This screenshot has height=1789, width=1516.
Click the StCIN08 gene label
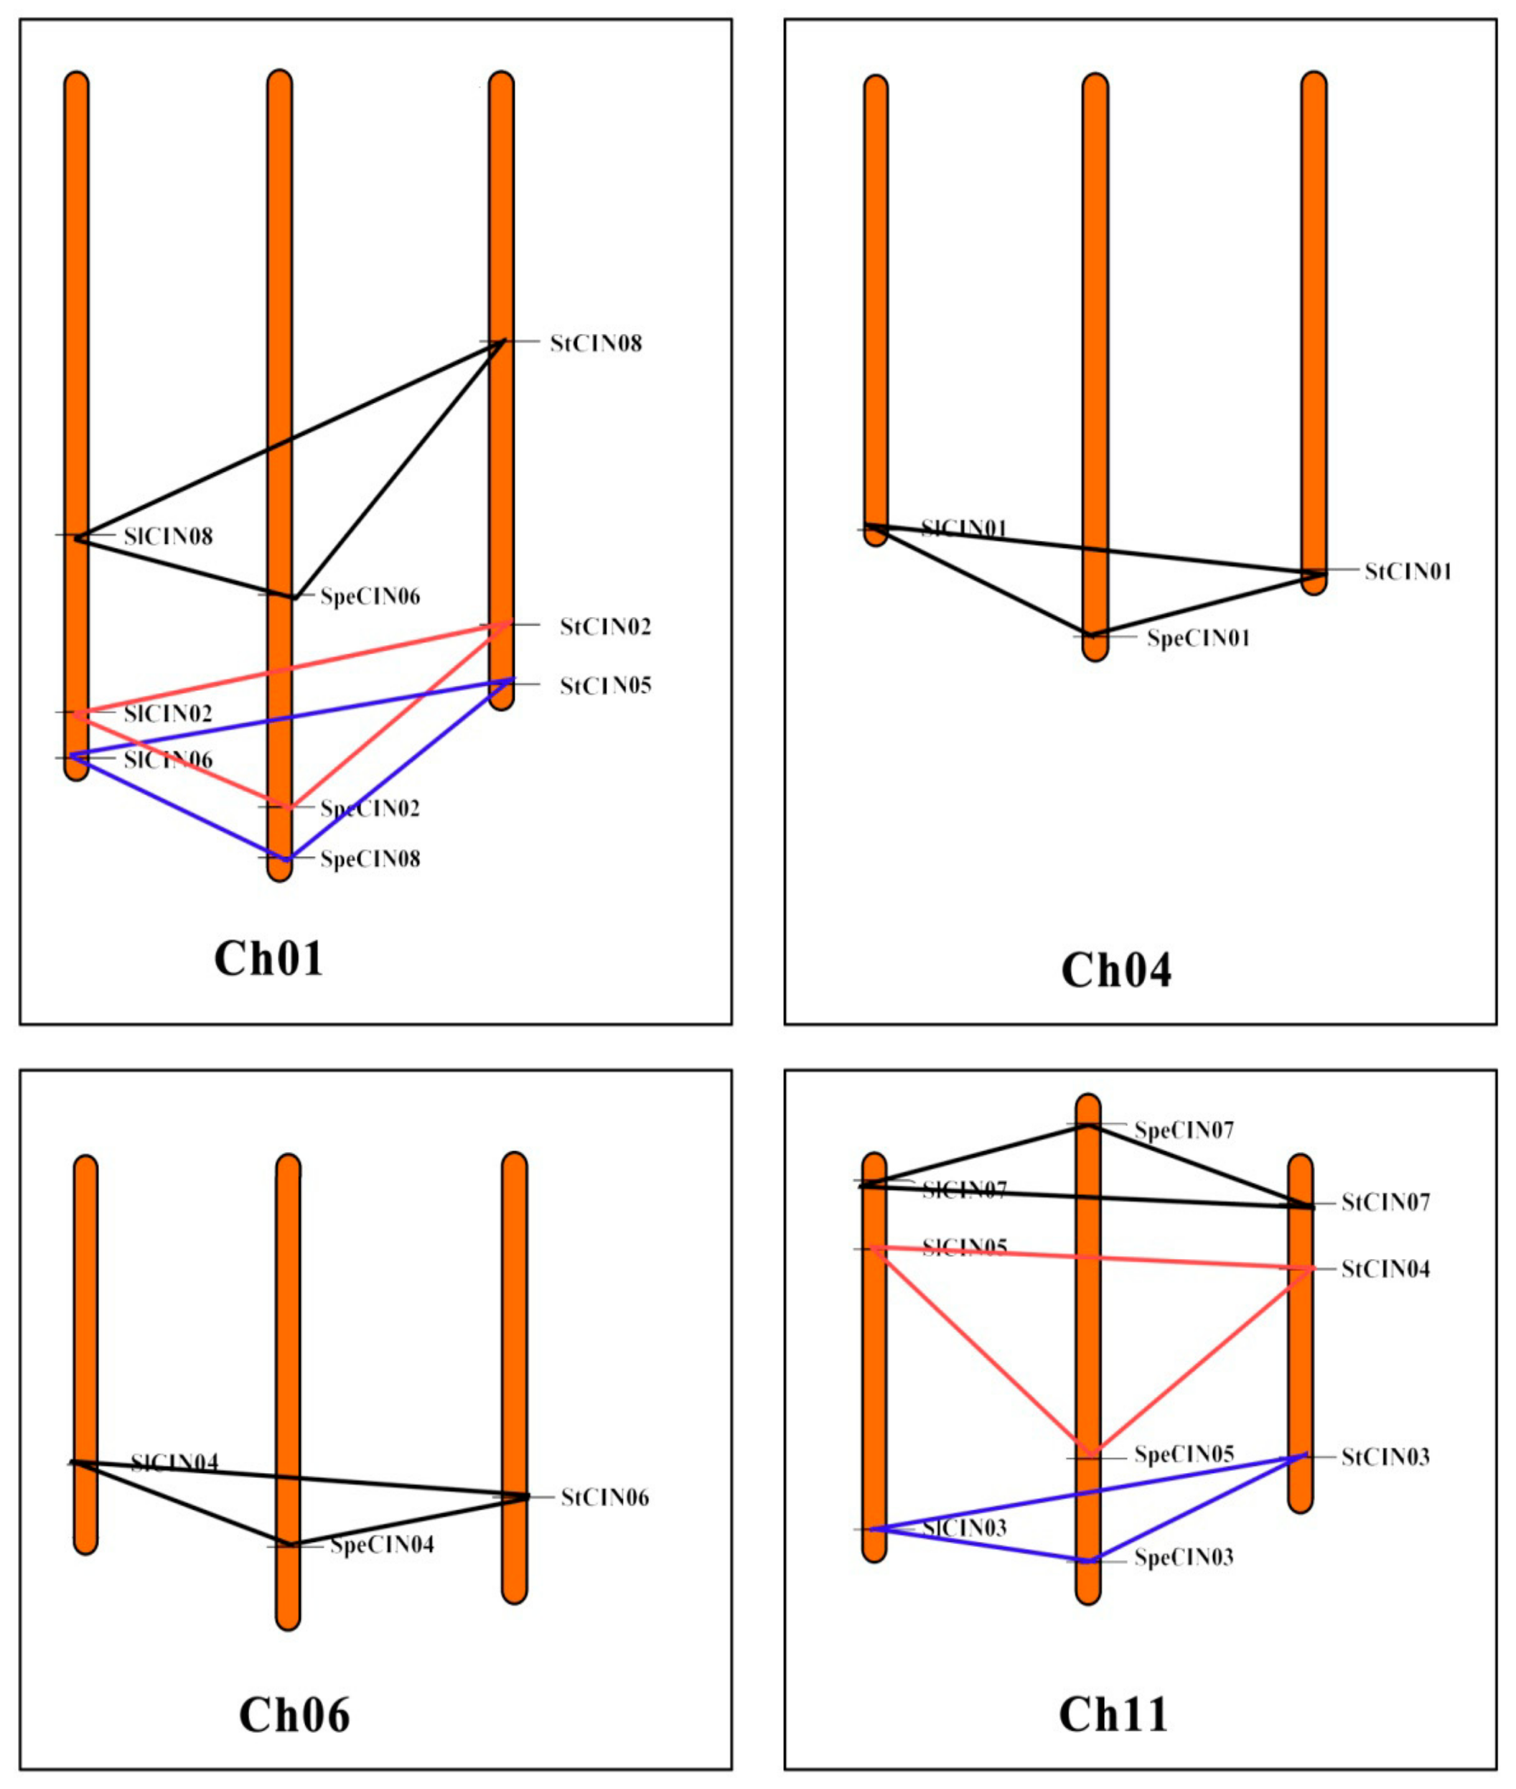[x=596, y=344]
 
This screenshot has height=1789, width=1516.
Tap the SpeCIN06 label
[x=370, y=597]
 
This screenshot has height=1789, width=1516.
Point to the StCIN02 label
[x=605, y=627]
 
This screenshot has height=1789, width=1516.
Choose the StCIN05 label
[x=605, y=686]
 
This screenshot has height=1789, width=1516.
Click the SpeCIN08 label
[x=370, y=859]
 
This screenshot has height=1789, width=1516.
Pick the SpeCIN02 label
[x=370, y=808]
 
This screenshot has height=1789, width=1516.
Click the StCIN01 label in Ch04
[x=1408, y=572]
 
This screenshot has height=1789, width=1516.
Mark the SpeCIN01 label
[x=1198, y=638]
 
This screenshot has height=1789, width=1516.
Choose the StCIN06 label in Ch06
[x=604, y=1497]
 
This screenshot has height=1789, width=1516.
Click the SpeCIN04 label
[x=382, y=1545]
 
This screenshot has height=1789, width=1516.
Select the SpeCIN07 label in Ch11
[x=1184, y=1130]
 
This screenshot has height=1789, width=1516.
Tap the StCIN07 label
[x=1385, y=1202]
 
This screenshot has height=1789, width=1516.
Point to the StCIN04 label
[x=1385, y=1269]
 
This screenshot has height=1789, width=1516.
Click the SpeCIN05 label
[x=1184, y=1454]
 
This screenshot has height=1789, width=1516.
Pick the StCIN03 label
[x=1385, y=1457]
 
